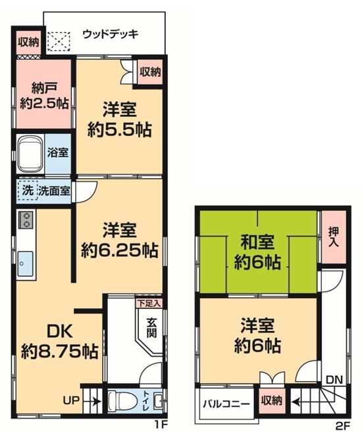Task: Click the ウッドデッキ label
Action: [111, 34]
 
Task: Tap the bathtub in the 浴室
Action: [30, 154]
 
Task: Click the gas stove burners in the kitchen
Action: [26, 219]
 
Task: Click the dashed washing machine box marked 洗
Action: [27, 190]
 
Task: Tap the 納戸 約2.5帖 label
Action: [44, 96]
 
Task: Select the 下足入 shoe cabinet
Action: [149, 304]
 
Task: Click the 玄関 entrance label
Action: [152, 328]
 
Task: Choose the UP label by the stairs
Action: [71, 399]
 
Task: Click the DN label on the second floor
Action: [334, 380]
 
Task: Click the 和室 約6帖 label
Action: [258, 252]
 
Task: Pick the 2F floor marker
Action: [343, 426]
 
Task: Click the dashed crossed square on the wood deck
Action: [59, 41]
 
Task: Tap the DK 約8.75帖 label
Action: [59, 341]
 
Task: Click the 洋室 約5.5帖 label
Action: [120, 120]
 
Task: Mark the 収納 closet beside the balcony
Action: [272, 401]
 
